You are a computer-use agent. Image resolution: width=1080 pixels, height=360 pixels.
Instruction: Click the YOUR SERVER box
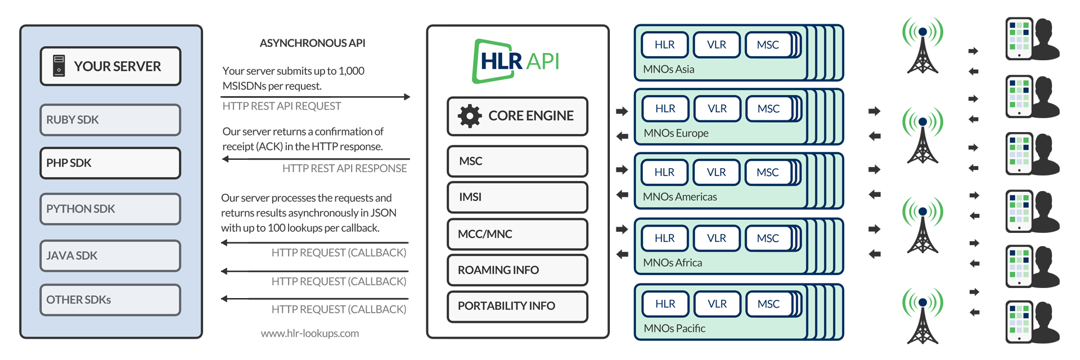click(x=110, y=66)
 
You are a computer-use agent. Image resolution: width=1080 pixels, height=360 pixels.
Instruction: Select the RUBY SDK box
click(x=110, y=120)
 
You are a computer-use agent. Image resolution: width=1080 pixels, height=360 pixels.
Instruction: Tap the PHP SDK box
click(x=110, y=163)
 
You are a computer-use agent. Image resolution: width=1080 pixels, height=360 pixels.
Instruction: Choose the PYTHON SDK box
click(x=110, y=209)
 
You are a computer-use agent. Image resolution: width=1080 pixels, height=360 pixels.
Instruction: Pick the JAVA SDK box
click(x=110, y=255)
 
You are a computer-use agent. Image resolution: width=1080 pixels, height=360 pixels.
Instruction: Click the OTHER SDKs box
click(x=110, y=300)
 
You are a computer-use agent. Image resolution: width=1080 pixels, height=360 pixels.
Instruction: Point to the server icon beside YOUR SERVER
click(x=59, y=66)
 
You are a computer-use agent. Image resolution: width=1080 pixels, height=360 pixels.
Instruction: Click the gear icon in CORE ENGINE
click(x=470, y=116)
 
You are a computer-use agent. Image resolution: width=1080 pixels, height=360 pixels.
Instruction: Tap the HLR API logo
click(x=516, y=61)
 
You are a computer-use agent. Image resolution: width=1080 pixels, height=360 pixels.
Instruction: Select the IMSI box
click(x=517, y=197)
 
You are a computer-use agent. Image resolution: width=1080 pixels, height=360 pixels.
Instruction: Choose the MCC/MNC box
click(x=517, y=234)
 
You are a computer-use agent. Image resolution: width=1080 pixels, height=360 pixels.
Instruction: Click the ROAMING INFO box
click(x=517, y=270)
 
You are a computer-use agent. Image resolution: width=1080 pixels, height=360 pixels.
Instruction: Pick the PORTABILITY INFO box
click(x=517, y=306)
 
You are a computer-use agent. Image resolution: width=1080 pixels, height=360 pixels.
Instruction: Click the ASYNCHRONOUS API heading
click(x=312, y=43)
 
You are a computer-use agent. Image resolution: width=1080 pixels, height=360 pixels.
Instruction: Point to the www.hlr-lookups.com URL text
click(x=310, y=334)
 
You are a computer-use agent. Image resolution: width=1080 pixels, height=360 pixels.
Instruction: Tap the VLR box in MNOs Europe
click(x=717, y=109)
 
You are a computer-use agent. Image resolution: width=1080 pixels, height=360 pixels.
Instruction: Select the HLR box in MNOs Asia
click(x=665, y=45)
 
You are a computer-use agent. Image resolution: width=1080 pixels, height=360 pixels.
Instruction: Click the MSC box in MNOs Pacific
click(x=768, y=304)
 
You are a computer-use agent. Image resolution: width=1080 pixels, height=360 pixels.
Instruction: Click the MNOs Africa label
click(x=673, y=263)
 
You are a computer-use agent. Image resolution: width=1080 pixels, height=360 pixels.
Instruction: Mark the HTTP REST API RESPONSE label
click(x=345, y=168)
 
